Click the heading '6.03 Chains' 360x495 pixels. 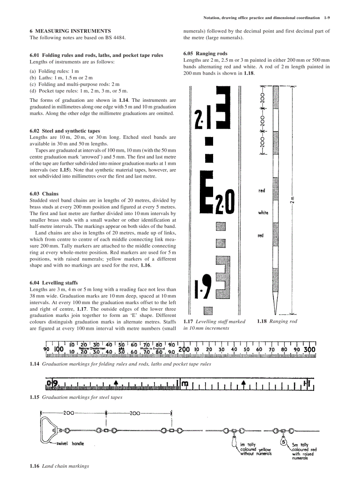point(44,194)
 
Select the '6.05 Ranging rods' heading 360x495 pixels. point(205,53)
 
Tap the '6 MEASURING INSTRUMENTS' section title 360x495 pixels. point(70,31)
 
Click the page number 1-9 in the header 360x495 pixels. point(326,18)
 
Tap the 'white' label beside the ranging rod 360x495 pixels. point(263,212)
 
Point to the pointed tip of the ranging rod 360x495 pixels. point(276,309)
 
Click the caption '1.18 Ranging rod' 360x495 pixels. point(277,321)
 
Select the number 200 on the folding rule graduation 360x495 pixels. point(184,349)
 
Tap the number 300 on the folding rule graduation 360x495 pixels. point(309,349)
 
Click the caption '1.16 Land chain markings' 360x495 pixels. point(59,466)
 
